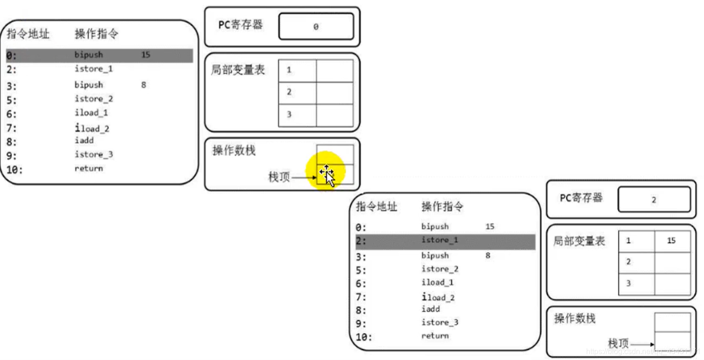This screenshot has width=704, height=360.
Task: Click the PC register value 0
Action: tap(316, 27)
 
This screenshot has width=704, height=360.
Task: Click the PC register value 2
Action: tap(654, 200)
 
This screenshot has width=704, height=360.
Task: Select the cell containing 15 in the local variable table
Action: tap(671, 241)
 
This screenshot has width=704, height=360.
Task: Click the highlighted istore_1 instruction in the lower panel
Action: tap(439, 240)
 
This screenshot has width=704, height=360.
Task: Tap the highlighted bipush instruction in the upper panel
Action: tap(88, 55)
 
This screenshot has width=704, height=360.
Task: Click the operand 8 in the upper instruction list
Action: tap(143, 85)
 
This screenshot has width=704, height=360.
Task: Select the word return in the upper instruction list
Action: tap(88, 168)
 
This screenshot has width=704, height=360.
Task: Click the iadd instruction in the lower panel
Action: tap(430, 309)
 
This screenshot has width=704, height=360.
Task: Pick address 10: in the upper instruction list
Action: tap(15, 170)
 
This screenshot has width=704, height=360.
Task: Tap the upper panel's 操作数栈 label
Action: tap(234, 151)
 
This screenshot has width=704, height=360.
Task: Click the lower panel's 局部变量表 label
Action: tap(580, 241)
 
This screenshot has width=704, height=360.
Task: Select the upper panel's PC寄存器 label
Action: tap(240, 25)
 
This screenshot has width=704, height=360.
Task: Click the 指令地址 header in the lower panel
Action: tap(376, 206)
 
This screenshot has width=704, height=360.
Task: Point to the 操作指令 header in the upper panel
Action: tap(96, 34)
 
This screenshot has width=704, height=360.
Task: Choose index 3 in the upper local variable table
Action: tap(289, 115)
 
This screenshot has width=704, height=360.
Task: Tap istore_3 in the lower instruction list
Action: tap(440, 322)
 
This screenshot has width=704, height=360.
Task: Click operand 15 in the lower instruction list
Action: tap(490, 227)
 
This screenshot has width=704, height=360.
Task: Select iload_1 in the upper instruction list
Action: tap(92, 113)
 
